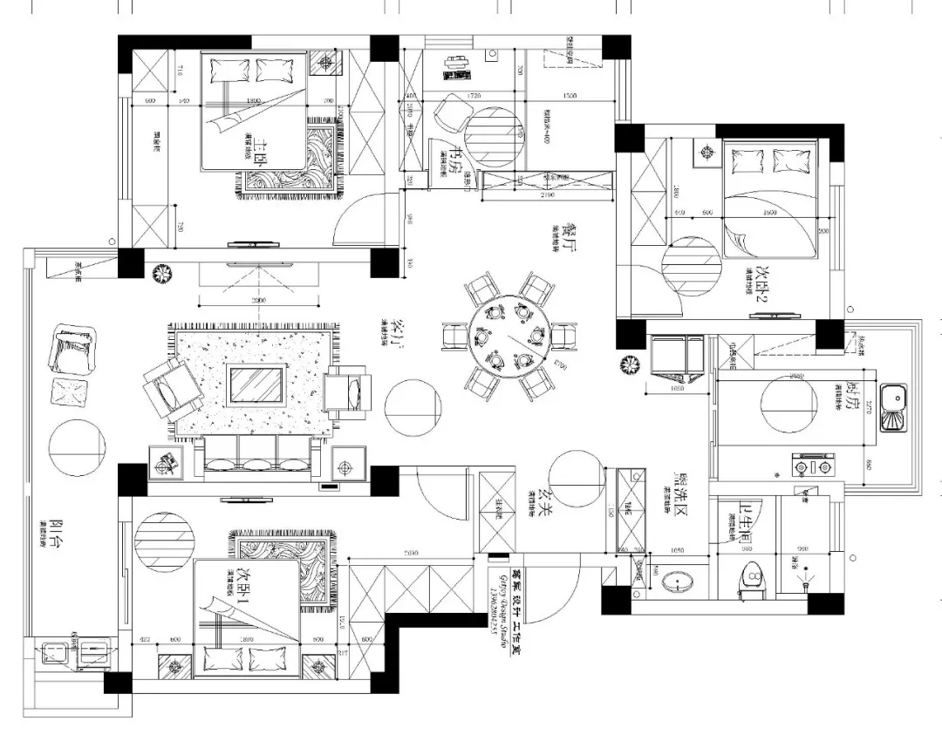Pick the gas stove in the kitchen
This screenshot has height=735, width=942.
tap(812, 466)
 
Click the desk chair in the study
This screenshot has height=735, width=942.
tap(452, 114)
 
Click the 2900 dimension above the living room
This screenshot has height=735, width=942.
tap(258, 300)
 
